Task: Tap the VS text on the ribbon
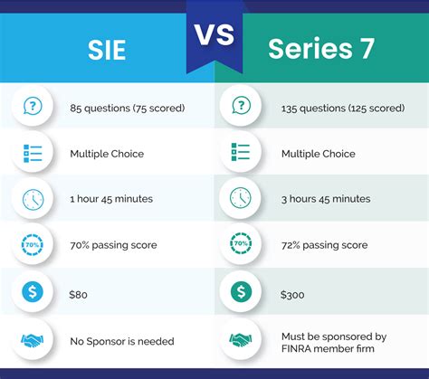(x=214, y=33)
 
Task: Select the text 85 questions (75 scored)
(x=127, y=108)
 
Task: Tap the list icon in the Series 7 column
(x=240, y=153)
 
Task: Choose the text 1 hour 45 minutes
(x=111, y=199)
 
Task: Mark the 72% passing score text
(x=325, y=245)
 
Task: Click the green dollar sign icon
(x=240, y=291)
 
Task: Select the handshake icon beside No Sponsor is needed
(x=33, y=340)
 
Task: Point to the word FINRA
(x=300, y=348)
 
